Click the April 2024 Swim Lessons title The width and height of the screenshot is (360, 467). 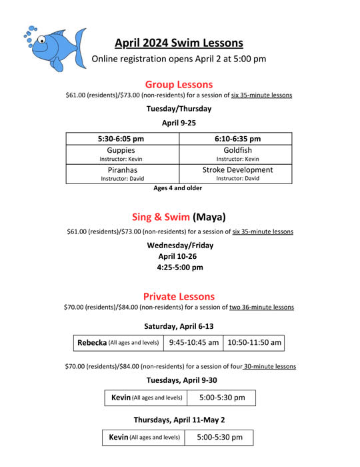(179, 43)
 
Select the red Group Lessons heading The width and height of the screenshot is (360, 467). (179, 85)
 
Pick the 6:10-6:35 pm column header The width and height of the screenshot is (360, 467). (237, 139)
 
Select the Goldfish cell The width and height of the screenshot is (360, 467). (237, 154)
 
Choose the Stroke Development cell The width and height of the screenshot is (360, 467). (237, 173)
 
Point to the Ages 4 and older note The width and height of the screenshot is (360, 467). (178, 188)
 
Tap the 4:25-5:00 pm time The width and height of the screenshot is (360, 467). (180, 268)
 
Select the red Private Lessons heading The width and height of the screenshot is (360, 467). (179, 296)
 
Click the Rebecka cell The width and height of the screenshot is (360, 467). (118, 343)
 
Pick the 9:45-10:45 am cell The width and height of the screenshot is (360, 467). (193, 343)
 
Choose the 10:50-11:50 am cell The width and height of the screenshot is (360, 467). (254, 343)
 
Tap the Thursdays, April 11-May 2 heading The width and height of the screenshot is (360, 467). (179, 420)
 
